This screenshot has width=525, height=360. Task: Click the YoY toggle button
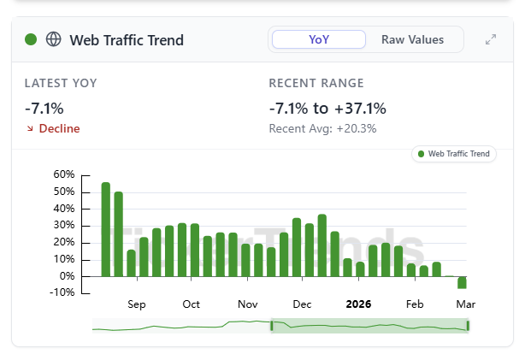[x=318, y=39]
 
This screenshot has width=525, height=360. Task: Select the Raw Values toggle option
[x=412, y=39]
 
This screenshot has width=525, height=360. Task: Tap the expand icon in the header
[x=491, y=40]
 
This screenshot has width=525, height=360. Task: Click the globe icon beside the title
[x=54, y=39]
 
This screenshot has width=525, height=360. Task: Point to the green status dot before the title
[x=32, y=39]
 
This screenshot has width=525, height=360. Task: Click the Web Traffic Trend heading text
[x=126, y=40]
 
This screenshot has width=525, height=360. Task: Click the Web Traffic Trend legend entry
[x=453, y=154]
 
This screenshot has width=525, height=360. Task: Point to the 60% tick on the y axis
[x=64, y=174]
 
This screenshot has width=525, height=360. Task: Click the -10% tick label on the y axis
[x=62, y=293]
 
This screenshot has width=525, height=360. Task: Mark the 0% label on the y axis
[x=68, y=276]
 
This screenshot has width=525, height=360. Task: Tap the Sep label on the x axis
[x=137, y=304]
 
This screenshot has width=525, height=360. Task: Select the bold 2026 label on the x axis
[x=358, y=304]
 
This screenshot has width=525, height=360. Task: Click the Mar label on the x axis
[x=465, y=304]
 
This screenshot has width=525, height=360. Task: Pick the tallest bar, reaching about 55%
[x=106, y=229]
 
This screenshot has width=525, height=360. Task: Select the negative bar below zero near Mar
[x=462, y=282]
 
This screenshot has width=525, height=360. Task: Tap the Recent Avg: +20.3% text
[x=322, y=128]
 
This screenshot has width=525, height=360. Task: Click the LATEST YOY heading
[x=61, y=83]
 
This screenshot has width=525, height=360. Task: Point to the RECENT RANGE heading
[x=316, y=83]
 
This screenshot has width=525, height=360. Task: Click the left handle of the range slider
[x=272, y=326]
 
